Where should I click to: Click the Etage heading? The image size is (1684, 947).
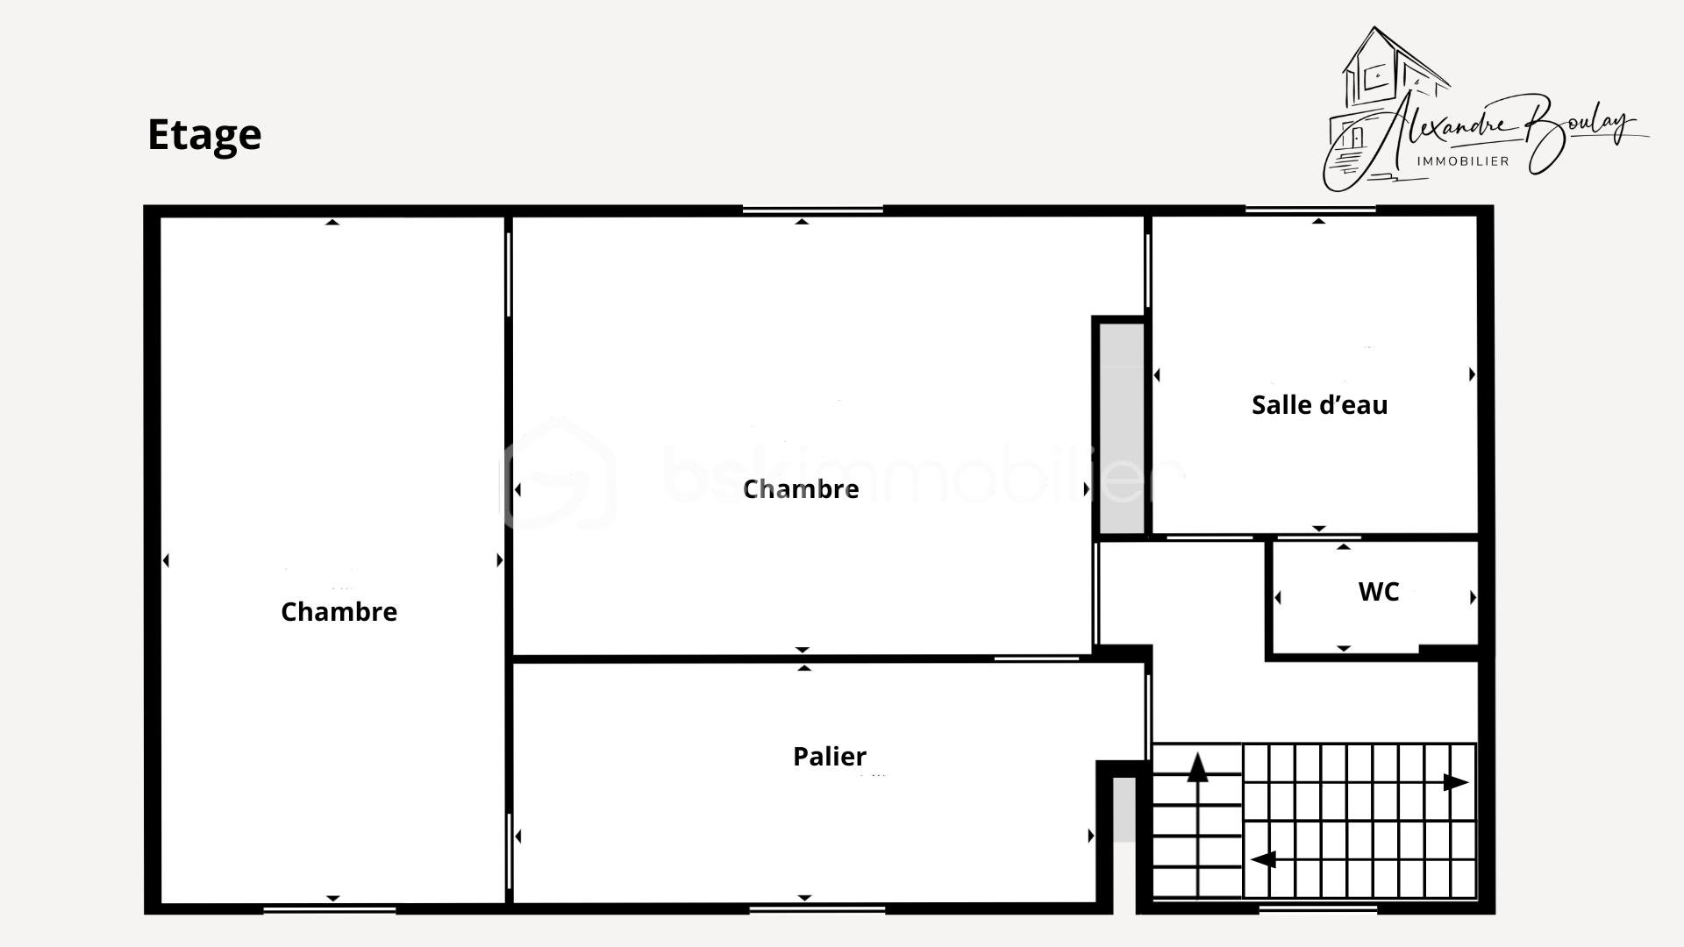[203, 134]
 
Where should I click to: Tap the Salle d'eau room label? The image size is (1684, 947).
[1319, 405]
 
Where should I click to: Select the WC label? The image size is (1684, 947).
[1378, 592]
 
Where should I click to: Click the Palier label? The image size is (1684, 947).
[829, 756]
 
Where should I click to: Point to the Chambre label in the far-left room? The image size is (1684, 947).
[339, 611]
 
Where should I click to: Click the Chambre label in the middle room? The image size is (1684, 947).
[800, 488]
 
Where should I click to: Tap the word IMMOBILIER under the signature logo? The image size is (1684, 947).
[1463, 161]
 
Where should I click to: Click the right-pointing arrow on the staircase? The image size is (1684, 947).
[1455, 782]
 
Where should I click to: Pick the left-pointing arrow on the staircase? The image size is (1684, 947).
[1263, 859]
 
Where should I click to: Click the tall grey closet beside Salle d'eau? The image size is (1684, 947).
[1122, 428]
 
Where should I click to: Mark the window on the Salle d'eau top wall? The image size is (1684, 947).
[1310, 210]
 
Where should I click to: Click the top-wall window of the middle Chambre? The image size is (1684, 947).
[812, 210]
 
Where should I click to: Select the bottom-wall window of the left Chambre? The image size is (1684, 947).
[329, 909]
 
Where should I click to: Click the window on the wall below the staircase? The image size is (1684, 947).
[1317, 909]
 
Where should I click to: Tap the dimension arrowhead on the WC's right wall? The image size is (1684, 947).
[1473, 597]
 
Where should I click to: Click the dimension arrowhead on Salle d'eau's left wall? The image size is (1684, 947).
[1157, 375]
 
